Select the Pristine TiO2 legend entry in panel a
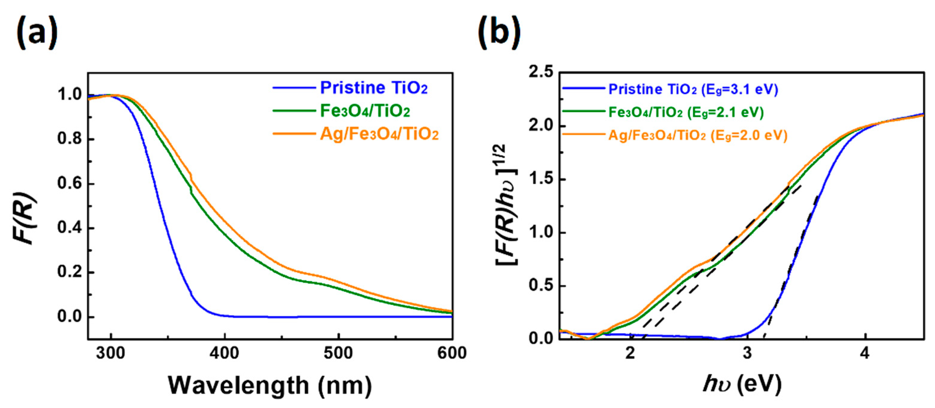[374, 88]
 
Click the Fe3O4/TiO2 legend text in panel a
[365, 111]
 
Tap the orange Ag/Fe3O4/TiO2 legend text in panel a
[379, 134]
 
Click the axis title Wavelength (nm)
[270, 385]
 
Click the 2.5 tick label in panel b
[541, 73]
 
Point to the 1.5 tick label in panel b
[541, 179]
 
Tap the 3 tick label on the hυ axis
[747, 353]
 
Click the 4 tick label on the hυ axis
[865, 353]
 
